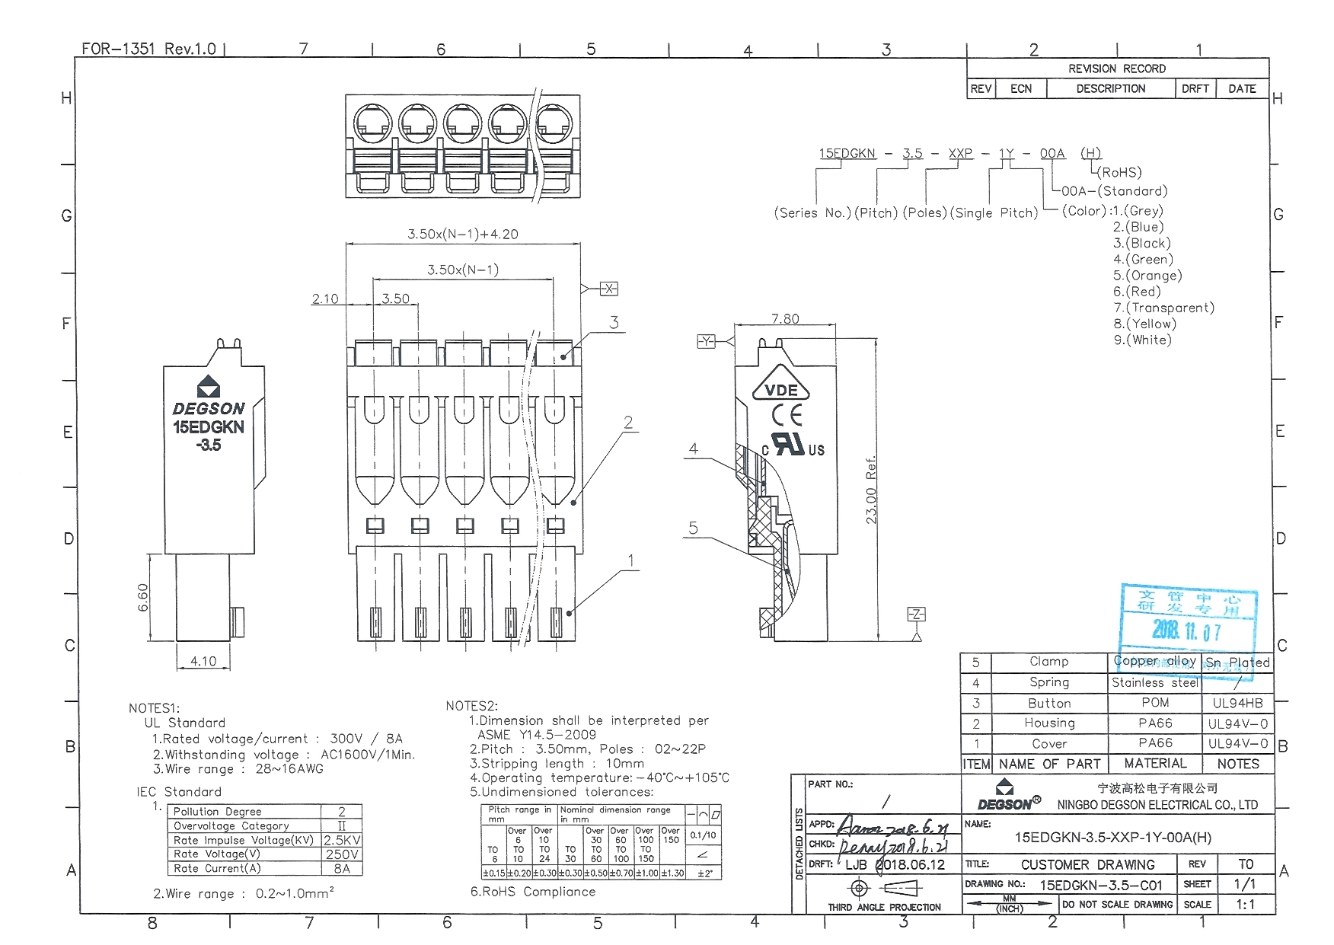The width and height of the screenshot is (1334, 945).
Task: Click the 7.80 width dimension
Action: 784,319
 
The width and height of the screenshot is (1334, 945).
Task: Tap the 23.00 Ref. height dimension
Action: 872,490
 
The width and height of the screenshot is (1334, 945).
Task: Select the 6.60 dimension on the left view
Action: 142,597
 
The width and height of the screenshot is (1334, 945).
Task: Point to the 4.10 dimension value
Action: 203,661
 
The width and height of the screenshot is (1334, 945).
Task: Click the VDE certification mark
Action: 780,391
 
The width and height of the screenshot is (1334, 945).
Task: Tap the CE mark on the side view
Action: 787,415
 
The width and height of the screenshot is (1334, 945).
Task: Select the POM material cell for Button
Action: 1154,703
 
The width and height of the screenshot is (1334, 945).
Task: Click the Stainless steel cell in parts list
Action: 1154,682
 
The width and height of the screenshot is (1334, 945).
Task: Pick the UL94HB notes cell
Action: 1237,703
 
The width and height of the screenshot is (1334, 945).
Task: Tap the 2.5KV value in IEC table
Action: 342,840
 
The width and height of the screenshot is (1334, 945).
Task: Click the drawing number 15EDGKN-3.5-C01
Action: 1101,885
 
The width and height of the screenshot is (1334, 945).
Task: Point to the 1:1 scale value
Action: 1245,905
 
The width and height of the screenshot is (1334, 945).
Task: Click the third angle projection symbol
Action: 883,888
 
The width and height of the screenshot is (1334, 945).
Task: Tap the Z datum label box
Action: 916,615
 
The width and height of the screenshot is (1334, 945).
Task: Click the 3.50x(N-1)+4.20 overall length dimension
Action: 462,234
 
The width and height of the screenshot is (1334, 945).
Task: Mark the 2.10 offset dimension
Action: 325,299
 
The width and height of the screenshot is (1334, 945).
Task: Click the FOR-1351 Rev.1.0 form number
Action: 148,49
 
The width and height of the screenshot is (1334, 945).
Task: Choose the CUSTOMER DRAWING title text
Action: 1087,864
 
